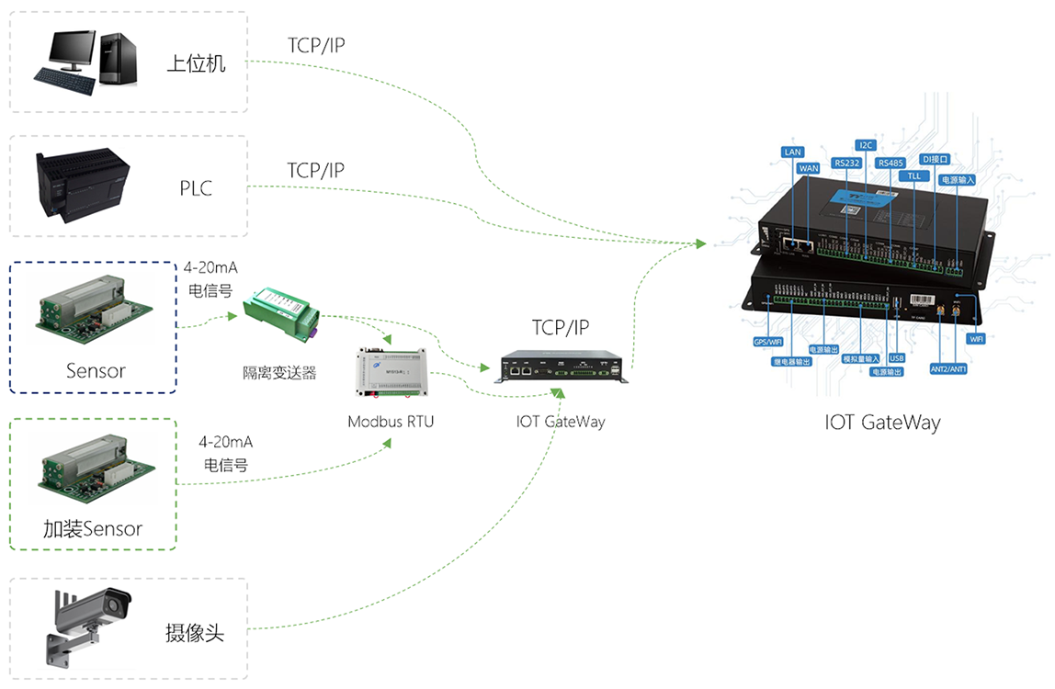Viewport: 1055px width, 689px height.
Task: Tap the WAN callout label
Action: click(808, 168)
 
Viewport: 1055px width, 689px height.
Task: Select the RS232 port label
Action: click(846, 163)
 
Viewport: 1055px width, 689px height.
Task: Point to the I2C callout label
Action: click(866, 145)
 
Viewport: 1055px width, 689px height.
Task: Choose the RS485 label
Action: click(891, 163)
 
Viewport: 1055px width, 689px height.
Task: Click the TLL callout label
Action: click(913, 175)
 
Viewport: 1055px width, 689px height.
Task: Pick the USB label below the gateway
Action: click(898, 357)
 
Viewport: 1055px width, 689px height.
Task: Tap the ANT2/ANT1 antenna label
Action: click(948, 368)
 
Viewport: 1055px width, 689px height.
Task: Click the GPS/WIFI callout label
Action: click(767, 341)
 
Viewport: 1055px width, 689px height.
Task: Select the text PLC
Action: click(196, 189)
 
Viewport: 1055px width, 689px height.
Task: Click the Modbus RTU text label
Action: click(391, 422)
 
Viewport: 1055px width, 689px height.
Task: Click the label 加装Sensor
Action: click(93, 529)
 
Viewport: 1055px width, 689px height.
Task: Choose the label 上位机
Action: click(196, 64)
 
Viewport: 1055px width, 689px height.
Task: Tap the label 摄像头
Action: click(195, 633)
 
